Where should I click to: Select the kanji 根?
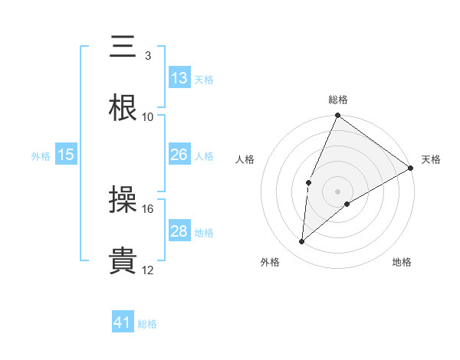[123, 109]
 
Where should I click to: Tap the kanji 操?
[123, 201]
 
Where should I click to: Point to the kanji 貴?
[123, 262]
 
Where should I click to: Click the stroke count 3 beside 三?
[147, 56]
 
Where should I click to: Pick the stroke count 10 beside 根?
[148, 117]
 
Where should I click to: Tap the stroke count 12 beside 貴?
[148, 270]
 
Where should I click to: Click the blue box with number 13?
[179, 78]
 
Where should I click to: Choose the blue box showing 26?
[179, 155]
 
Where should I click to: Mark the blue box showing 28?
[179, 231]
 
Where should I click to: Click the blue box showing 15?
[66, 155]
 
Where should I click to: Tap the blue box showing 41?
[123, 322]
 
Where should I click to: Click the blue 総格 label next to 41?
[147, 324]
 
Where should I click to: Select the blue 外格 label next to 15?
[41, 156]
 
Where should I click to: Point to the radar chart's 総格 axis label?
[338, 100]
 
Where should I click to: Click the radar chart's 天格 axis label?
[431, 159]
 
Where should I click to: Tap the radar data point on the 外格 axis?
[302, 242]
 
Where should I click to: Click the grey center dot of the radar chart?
[338, 191]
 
